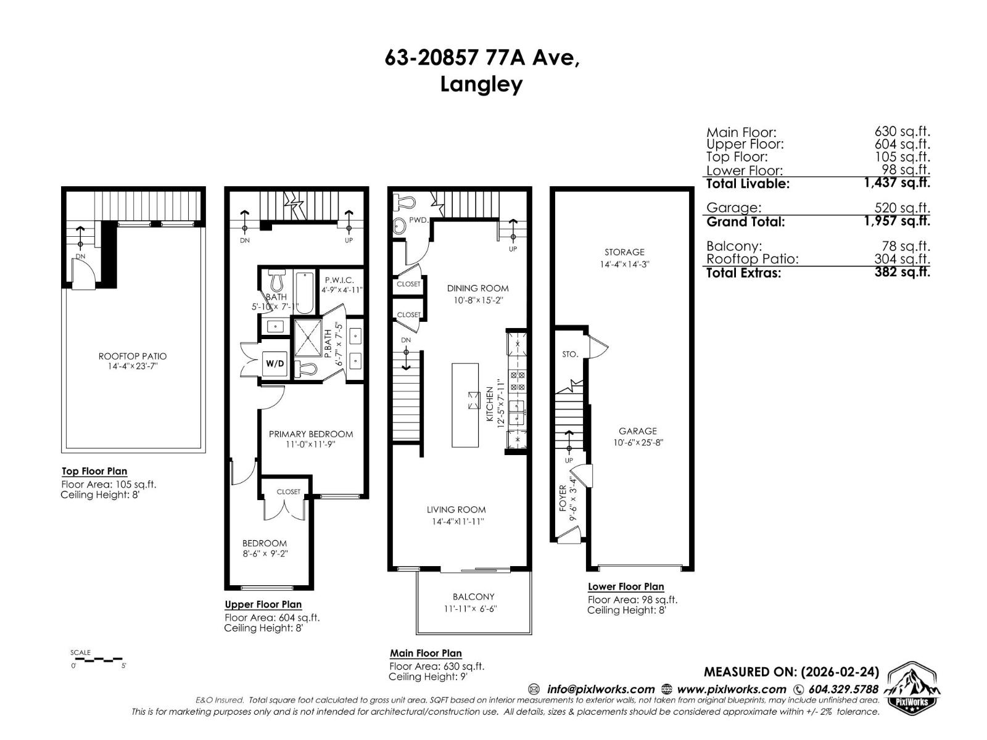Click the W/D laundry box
[x=275, y=363]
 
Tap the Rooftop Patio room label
[x=132, y=356]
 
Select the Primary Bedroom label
[x=311, y=434]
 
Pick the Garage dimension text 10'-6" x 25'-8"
[x=638, y=442]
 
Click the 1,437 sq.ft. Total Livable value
[x=897, y=183]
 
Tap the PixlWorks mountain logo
[x=912, y=687]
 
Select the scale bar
[x=99, y=660]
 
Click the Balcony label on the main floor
[x=473, y=597]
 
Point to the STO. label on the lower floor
[x=570, y=355]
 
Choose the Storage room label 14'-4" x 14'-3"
[x=624, y=258]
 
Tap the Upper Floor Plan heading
[x=263, y=604]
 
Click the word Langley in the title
[x=481, y=84]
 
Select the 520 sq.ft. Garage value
[x=902, y=208]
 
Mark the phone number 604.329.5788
[x=843, y=689]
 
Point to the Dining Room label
[x=477, y=288]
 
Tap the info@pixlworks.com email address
[x=600, y=689]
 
